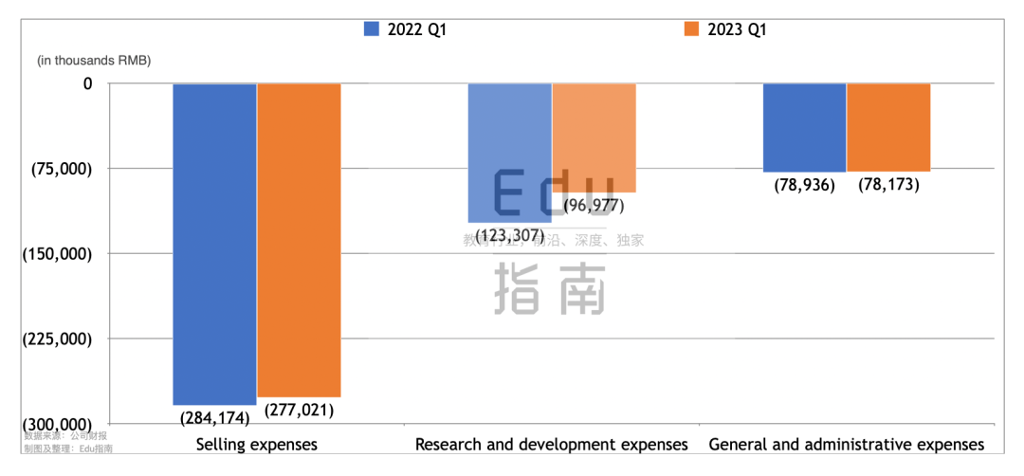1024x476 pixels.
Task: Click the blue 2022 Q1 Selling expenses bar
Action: click(x=214, y=244)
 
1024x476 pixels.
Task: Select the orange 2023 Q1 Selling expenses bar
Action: click(x=299, y=240)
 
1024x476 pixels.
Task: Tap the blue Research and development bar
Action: click(x=509, y=152)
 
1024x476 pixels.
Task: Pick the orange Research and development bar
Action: click(x=594, y=137)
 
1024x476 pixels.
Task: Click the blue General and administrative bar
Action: click(x=804, y=127)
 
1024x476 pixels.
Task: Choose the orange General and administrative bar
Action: click(x=888, y=127)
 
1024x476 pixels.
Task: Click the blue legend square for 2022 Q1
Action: click(x=371, y=29)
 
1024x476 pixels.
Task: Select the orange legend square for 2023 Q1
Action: click(x=690, y=29)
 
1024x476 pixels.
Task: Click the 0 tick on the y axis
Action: click(x=87, y=83)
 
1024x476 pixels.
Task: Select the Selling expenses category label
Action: click(x=256, y=444)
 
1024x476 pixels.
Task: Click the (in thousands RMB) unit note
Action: click(x=94, y=60)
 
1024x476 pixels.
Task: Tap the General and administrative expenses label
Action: click(x=847, y=444)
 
